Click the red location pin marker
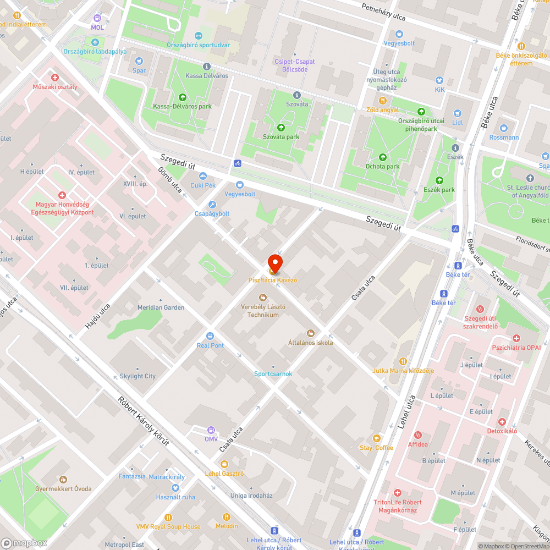(275, 264)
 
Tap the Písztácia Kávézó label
(272, 280)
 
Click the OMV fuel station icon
(211, 430)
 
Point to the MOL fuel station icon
(97, 18)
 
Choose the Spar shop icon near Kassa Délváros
(139, 61)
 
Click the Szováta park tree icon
(280, 127)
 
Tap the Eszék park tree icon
(439, 180)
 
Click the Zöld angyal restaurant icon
(382, 101)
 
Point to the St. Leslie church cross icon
(530, 178)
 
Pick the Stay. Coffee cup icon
(376, 438)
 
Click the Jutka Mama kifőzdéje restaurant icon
(403, 361)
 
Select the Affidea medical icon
(417, 435)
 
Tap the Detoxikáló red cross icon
(502, 421)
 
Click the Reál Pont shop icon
(210, 335)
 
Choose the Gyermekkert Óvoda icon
(63, 479)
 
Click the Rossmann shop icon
(504, 128)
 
